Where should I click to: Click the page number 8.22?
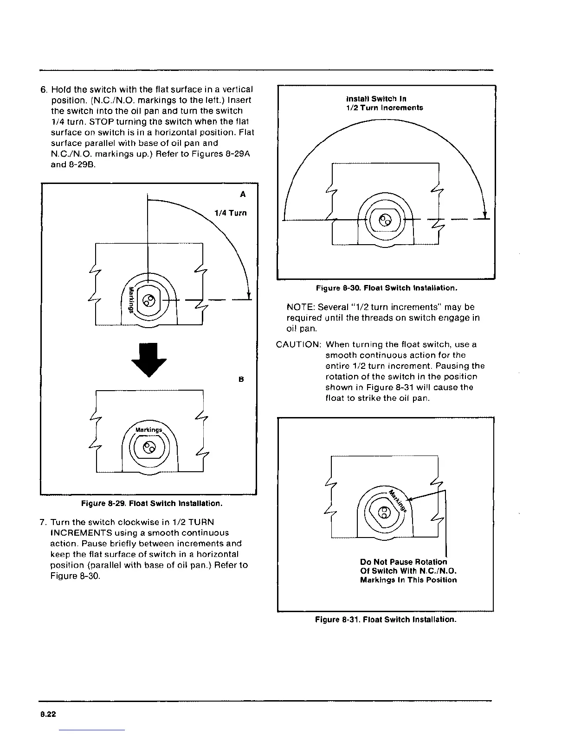pyautogui.click(x=47, y=714)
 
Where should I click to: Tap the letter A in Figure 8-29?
pyautogui.click(x=243, y=195)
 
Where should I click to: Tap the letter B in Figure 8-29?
pyautogui.click(x=241, y=379)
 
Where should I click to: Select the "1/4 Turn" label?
pyautogui.click(x=230, y=213)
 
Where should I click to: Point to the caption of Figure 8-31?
pyautogui.click(x=386, y=620)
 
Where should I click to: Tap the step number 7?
pyautogui.click(x=43, y=522)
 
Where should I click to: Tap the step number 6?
pyautogui.click(x=43, y=89)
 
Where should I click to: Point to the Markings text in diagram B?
pyautogui.click(x=148, y=430)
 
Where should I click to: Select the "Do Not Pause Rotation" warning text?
pyautogui.click(x=404, y=562)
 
